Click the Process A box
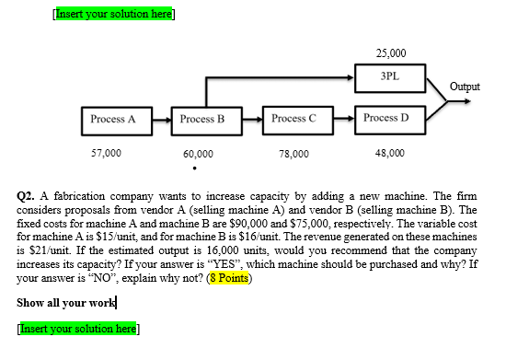113,120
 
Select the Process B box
202,120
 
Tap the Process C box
293,119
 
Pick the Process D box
385,119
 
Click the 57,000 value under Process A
106,154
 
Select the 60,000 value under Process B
198,155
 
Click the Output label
465,87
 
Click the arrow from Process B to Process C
248,120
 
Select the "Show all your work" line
66,303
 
